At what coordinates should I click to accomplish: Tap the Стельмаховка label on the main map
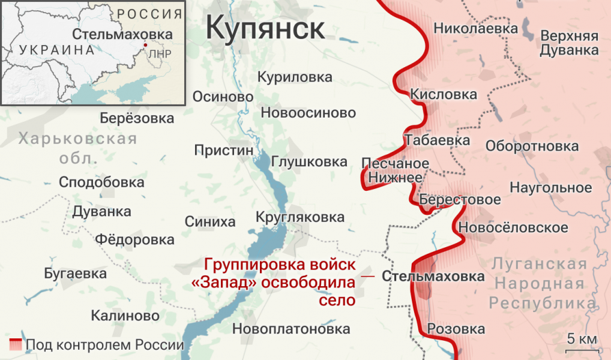[433, 277]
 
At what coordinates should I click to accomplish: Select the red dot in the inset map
[145, 45]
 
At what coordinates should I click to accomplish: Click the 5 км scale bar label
[582, 339]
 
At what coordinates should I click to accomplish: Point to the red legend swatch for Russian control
[16, 344]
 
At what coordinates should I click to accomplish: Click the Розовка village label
[456, 329]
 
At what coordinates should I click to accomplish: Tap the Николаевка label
[475, 28]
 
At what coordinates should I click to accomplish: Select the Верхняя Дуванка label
[569, 43]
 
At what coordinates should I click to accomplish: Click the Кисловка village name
[444, 94]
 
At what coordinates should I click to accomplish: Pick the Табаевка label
[438, 140]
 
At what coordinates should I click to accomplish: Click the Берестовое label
[460, 200]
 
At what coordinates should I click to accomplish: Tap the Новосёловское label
[513, 228]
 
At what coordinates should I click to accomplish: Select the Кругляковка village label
[300, 217]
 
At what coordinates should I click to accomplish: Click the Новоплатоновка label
[291, 329]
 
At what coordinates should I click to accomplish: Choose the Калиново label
[125, 316]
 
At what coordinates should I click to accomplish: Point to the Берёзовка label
[137, 118]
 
